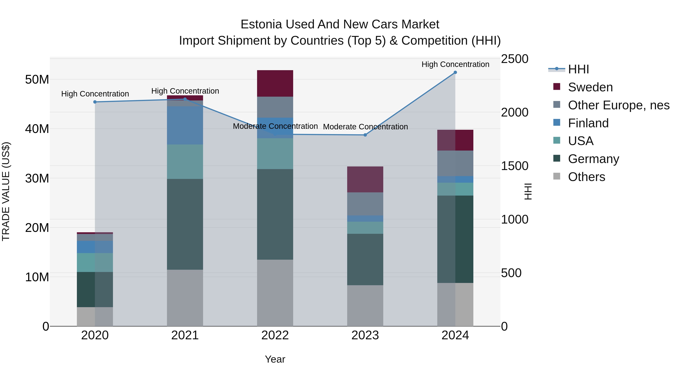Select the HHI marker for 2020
[95, 102]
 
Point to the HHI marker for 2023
[365, 135]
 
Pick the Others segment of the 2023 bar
[365, 306]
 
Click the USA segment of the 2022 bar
[275, 154]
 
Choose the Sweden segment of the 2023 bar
[365, 179]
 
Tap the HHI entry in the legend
[578, 69]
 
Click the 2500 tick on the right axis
[515, 59]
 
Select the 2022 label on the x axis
[275, 335]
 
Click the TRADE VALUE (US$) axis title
[6, 191]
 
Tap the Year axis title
[275, 359]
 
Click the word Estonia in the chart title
[261, 24]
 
